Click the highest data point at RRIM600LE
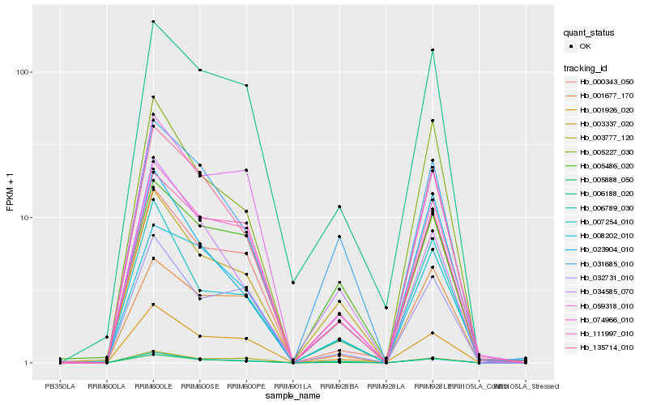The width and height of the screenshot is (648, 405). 153,22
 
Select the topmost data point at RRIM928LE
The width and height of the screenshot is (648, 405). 433,50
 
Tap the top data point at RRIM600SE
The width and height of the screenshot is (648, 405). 199,70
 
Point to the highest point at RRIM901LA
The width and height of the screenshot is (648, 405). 292,282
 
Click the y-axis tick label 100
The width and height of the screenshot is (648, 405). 23,72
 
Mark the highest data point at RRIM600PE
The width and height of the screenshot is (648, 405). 246,85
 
